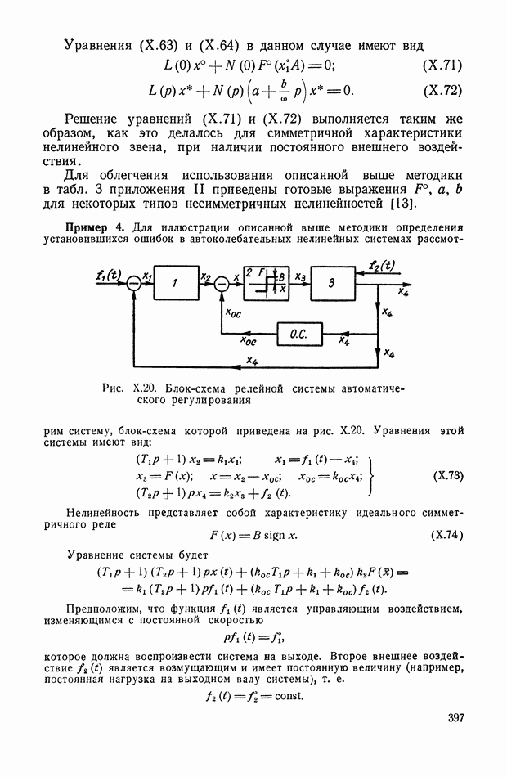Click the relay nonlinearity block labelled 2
(266, 282)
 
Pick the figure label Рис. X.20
(132, 387)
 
